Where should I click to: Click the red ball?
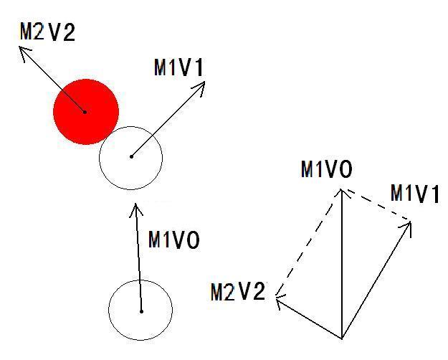click(86, 112)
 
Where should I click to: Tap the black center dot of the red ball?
click(85, 112)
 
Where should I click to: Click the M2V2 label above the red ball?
click(47, 32)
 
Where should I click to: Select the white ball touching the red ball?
click(131, 158)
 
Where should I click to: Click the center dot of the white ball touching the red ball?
click(131, 156)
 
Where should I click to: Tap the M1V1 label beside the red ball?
click(179, 67)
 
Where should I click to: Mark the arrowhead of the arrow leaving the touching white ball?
click(205, 82)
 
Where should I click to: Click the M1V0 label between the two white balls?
click(173, 240)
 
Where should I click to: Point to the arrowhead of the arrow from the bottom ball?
click(135, 204)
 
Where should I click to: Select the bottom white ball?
click(140, 311)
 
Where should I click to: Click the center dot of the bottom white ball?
click(141, 311)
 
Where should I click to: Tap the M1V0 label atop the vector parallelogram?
click(327, 169)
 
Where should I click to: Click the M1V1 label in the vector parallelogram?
click(414, 194)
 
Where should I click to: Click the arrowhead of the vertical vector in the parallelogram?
click(341, 189)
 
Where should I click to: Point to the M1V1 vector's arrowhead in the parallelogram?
click(411, 222)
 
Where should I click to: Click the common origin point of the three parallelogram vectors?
click(342, 338)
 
